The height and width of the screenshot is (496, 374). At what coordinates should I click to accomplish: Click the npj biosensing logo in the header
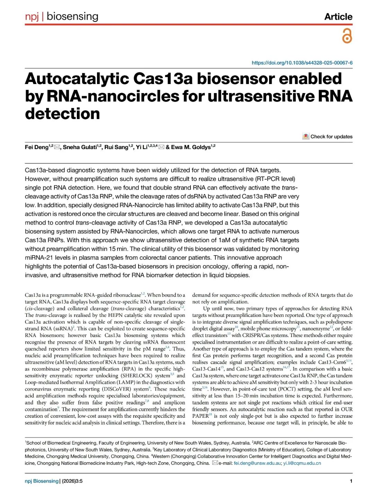tap(62, 16)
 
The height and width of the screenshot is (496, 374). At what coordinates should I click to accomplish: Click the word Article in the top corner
tap(338, 17)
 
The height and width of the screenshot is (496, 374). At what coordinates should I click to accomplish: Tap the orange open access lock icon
tap(347, 36)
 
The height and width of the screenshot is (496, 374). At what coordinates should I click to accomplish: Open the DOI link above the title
tap(302, 63)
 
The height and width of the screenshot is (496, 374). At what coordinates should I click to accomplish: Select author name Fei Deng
tap(36, 147)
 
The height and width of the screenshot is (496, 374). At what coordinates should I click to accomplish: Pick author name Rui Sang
tap(116, 147)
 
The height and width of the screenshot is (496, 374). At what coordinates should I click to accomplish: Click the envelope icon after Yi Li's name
tap(161, 147)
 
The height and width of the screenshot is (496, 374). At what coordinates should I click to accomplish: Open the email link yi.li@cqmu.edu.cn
tap(302, 463)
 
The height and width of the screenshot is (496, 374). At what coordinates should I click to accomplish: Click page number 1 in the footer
tap(351, 481)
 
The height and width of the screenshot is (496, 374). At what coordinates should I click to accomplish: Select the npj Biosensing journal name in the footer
tap(42, 481)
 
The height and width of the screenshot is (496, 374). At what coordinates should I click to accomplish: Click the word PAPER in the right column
tap(200, 416)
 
